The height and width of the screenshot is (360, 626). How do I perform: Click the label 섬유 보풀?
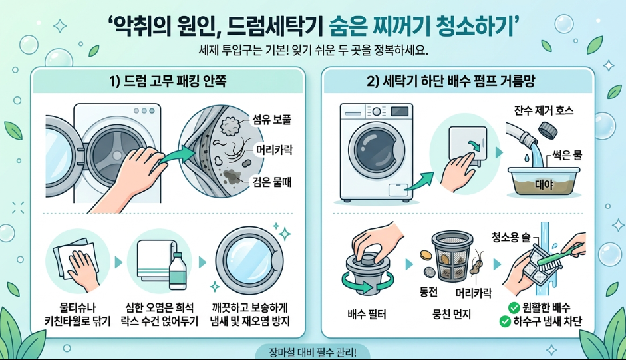pos(272,119)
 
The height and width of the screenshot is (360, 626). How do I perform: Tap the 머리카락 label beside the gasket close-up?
pos(274,150)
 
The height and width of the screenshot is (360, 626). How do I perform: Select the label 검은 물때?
pos(272,182)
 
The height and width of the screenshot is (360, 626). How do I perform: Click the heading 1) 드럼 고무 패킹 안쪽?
pos(168,81)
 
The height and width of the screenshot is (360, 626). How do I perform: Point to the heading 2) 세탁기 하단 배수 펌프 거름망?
pos(451,81)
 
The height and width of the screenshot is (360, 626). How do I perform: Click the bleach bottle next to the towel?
pos(178,271)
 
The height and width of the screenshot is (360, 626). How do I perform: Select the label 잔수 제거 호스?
pos(544,110)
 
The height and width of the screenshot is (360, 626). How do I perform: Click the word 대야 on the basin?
pos(544,184)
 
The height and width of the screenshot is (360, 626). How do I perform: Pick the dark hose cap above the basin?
pos(548,130)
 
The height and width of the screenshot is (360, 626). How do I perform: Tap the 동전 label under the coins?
pos(429,292)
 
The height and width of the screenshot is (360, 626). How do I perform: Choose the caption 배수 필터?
pos(367,315)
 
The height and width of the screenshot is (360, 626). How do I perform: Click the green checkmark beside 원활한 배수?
pos(514,307)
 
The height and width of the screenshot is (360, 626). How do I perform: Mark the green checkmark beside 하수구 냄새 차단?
pos(505,321)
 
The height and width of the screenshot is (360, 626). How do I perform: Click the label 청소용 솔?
pos(511,238)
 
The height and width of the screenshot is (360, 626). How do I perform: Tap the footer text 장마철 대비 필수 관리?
pos(313,353)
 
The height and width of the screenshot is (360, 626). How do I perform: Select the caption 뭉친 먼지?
pos(452,315)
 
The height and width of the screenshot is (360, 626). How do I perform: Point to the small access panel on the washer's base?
pos(398,190)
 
